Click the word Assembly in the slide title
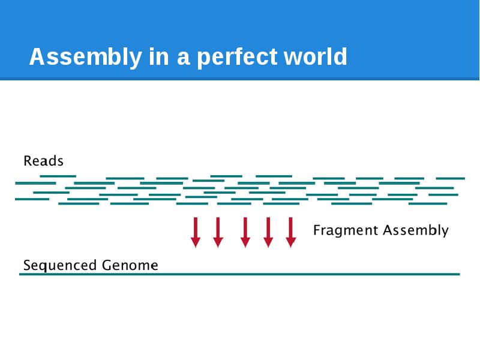click(x=84, y=57)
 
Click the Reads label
click(x=43, y=161)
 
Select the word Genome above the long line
click(x=130, y=265)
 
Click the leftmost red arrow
click(x=196, y=232)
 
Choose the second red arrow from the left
click(x=218, y=232)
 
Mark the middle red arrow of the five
click(x=245, y=232)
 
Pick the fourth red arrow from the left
click(x=268, y=232)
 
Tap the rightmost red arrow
click(x=291, y=232)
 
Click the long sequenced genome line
click(x=240, y=274)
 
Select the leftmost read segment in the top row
click(x=58, y=176)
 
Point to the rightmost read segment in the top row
click(x=450, y=178)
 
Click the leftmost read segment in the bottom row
click(x=79, y=203)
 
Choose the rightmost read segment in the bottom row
click(x=428, y=203)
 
